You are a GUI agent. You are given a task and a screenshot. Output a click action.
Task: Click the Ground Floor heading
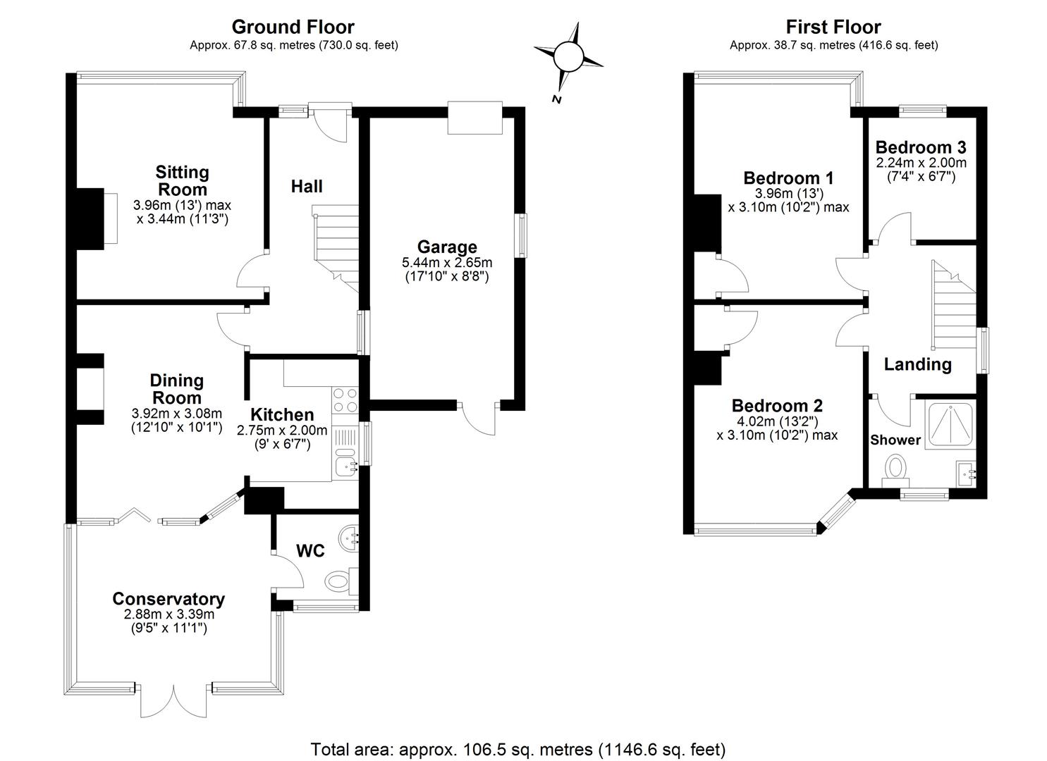(x=293, y=27)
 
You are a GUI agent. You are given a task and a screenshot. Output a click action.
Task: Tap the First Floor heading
(x=833, y=27)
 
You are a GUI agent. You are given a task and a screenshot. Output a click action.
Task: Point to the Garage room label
(x=447, y=247)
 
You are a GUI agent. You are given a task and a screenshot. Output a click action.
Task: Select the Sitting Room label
(x=183, y=181)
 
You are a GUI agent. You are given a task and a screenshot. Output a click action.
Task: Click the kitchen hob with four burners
(x=345, y=400)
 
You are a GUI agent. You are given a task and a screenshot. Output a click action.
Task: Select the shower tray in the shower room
(x=950, y=424)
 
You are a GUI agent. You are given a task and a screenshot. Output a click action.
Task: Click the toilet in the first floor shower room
(x=895, y=473)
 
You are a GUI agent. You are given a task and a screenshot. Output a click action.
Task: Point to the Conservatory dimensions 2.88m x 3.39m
(x=169, y=614)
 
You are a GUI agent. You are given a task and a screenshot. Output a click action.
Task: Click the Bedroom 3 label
(x=921, y=147)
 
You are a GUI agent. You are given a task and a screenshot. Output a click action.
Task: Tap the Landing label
(x=917, y=364)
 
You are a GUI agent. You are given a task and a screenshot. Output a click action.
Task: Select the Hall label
(x=307, y=187)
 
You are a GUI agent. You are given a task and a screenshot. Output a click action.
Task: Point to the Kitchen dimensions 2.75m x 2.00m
(x=282, y=431)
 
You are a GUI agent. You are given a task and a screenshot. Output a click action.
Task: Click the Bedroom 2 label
(x=777, y=405)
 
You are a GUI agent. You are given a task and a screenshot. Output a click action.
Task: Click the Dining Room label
(x=177, y=389)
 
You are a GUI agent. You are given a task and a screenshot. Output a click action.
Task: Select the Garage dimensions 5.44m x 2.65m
(x=447, y=263)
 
